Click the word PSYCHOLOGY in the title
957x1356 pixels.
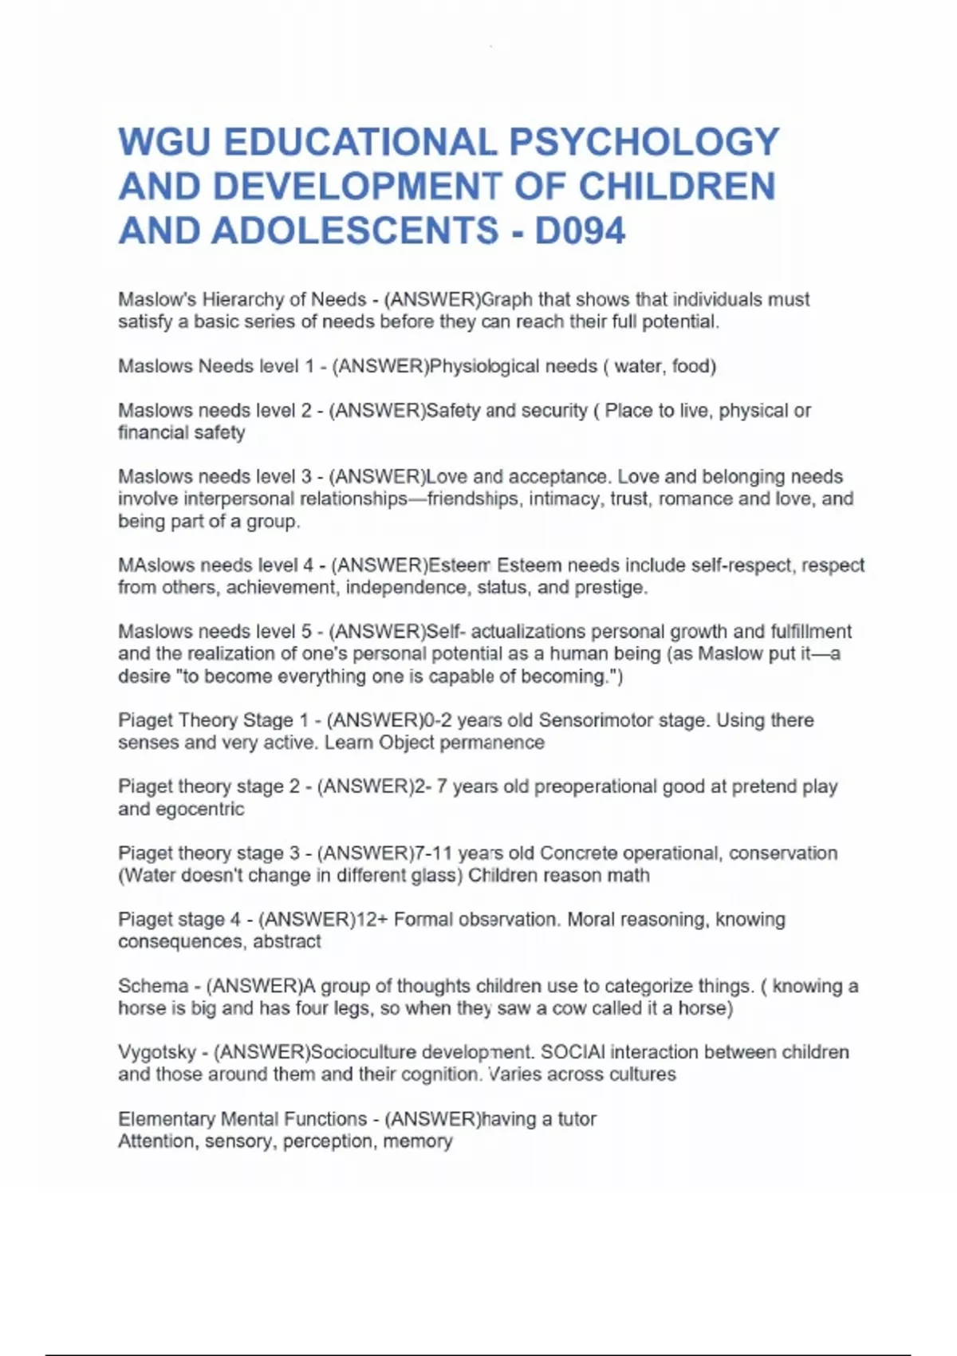644,143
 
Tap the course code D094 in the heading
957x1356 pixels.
580,231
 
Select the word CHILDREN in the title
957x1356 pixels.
676,187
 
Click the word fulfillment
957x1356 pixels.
810,632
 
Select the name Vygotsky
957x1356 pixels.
157,1052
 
